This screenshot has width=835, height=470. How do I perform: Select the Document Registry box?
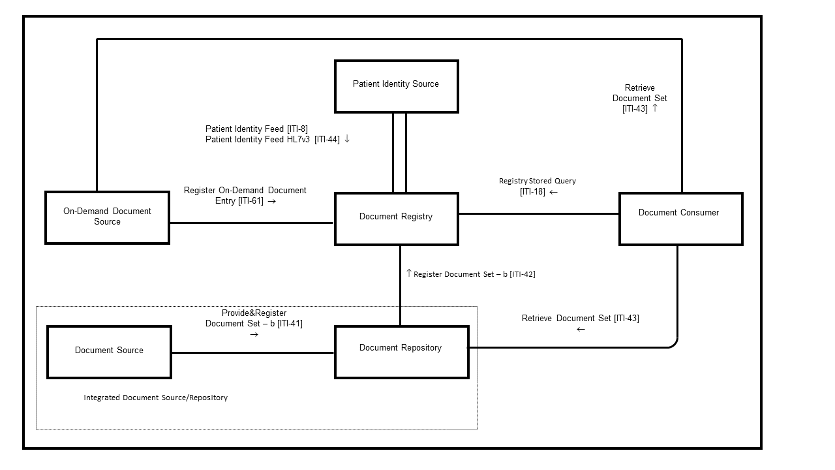click(396, 219)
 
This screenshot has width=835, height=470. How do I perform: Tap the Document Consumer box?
click(680, 219)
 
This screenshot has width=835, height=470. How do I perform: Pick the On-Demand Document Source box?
click(107, 217)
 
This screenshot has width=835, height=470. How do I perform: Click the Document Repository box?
click(401, 352)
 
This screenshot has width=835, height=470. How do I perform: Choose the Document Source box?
click(109, 352)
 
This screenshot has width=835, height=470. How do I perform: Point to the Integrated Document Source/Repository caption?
click(155, 398)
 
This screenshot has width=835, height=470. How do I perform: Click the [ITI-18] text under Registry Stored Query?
click(532, 192)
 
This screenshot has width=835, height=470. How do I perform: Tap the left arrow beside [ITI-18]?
click(554, 192)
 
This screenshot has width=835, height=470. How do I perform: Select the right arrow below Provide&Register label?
click(254, 334)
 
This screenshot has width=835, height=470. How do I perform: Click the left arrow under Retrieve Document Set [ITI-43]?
click(581, 330)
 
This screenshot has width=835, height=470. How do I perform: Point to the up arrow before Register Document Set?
click(409, 274)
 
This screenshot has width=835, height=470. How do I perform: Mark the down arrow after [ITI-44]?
click(347, 139)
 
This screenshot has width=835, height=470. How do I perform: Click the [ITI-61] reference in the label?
click(250, 201)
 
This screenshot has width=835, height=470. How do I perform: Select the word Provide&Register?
click(254, 313)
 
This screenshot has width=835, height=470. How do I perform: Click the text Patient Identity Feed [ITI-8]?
click(256, 129)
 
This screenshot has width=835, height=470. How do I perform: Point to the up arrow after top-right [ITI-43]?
click(655, 108)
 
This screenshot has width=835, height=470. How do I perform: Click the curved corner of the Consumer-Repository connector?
click(674, 343)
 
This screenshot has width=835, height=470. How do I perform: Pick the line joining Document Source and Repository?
click(253, 353)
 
